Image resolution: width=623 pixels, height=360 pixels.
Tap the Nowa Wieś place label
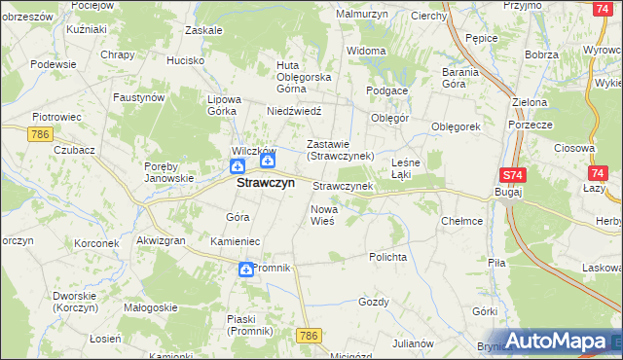click(x=323, y=215)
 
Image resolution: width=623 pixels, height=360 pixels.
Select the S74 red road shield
click(x=513, y=175)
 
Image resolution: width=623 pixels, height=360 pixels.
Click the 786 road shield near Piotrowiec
click(x=40, y=133)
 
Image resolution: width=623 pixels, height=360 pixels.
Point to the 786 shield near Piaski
click(x=309, y=336)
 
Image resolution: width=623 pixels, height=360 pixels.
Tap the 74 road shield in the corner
click(x=604, y=8)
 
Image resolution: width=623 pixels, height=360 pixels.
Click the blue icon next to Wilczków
click(x=268, y=162)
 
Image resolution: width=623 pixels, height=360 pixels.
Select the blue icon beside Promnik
click(x=246, y=270)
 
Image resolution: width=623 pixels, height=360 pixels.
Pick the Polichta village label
click(x=387, y=257)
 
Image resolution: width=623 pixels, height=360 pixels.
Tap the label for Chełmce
click(x=461, y=221)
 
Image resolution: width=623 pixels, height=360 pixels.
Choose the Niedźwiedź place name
click(x=294, y=111)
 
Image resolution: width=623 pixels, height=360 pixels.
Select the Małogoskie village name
click(x=150, y=306)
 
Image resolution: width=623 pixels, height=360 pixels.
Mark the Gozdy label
click(x=373, y=302)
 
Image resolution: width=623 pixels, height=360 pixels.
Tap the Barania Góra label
click(x=460, y=78)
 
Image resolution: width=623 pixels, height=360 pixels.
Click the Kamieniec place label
click(x=234, y=239)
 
